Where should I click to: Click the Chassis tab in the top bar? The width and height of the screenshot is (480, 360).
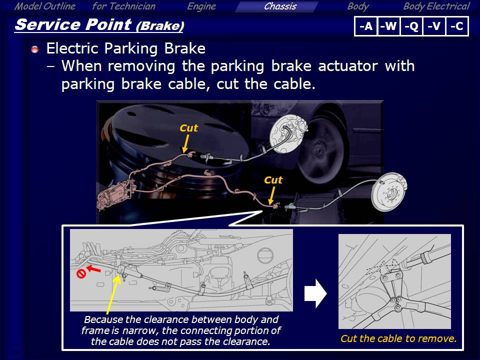[280, 6]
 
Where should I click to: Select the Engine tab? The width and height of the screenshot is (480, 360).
[201, 6]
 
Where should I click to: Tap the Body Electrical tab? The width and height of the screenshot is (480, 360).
[436, 6]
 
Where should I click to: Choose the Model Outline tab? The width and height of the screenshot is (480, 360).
[45, 6]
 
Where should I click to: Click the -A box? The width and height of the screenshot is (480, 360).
[366, 26]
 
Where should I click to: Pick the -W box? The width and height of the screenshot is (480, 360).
[389, 26]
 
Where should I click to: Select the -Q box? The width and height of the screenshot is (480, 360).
[411, 26]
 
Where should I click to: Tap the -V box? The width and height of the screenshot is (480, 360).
[434, 26]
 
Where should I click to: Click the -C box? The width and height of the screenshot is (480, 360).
[457, 26]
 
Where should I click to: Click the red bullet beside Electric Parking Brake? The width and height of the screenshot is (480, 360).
[35, 49]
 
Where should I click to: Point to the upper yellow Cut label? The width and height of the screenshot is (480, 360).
[188, 128]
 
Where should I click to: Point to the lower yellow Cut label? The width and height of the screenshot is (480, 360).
[273, 180]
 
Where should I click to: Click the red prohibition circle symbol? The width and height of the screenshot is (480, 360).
[81, 273]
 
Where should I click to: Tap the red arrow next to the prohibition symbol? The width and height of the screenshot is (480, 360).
[93, 269]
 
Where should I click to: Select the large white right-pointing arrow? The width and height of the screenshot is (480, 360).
[315, 293]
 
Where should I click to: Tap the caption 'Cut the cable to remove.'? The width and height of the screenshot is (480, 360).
[398, 338]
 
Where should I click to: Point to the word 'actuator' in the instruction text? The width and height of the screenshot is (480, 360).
[348, 66]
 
